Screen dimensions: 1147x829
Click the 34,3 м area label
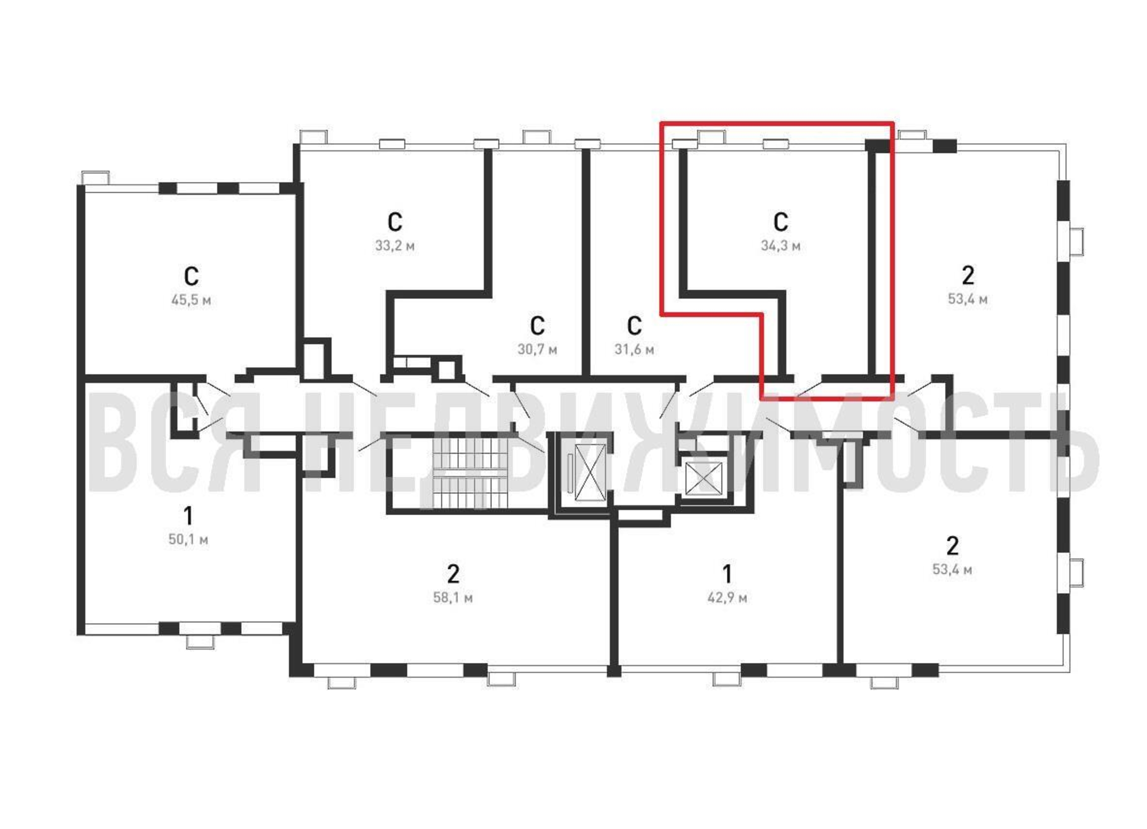point(780,246)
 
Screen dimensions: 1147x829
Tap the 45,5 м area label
point(191,301)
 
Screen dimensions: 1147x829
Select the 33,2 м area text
point(395,246)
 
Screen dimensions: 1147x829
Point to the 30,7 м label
point(537,349)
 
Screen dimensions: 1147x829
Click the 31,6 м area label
point(634,349)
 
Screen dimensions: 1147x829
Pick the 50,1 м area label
point(188,540)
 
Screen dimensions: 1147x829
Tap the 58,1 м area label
point(453,598)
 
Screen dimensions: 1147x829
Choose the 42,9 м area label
point(727,598)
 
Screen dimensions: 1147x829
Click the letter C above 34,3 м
point(780,221)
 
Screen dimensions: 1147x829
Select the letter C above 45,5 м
point(191,276)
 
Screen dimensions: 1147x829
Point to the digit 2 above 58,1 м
point(453,574)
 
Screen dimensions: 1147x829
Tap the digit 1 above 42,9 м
point(727,574)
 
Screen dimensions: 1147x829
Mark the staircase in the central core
point(469,473)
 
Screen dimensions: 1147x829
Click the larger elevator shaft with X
point(590,473)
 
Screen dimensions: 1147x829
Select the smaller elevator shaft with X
point(703,478)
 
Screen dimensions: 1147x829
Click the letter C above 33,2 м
point(395,221)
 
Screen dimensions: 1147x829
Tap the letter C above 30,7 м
point(537,325)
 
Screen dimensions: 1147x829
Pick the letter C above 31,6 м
point(634,325)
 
